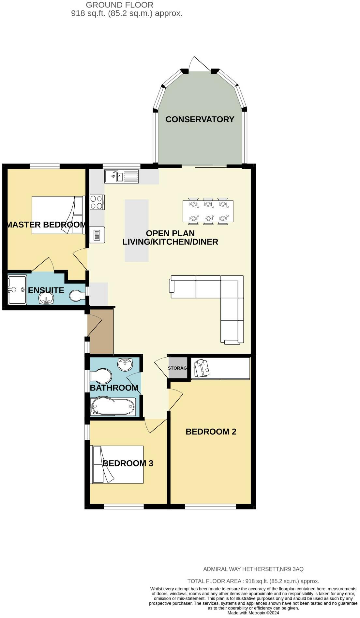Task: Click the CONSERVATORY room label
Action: click(200, 119)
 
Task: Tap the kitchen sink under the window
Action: click(121, 176)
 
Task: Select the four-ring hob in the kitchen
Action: click(97, 202)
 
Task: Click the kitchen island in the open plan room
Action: click(137, 230)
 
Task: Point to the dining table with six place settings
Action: click(208, 211)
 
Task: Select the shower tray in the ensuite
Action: click(17, 290)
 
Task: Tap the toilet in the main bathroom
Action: click(101, 376)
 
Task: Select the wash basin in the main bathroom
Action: click(125, 365)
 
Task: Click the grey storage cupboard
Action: click(178, 368)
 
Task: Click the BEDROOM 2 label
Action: click(211, 432)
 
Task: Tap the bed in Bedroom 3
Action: click(117, 464)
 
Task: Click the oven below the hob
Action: click(97, 235)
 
